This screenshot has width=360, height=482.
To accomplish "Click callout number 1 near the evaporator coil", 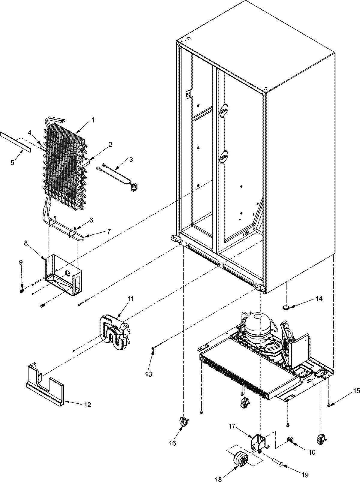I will pyautogui.click(x=93, y=120).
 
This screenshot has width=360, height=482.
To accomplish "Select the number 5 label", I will pyautogui.click(x=12, y=163).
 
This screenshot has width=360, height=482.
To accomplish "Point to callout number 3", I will pyautogui.click(x=131, y=159).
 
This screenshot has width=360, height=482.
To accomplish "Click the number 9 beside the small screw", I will pyautogui.click(x=21, y=262).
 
